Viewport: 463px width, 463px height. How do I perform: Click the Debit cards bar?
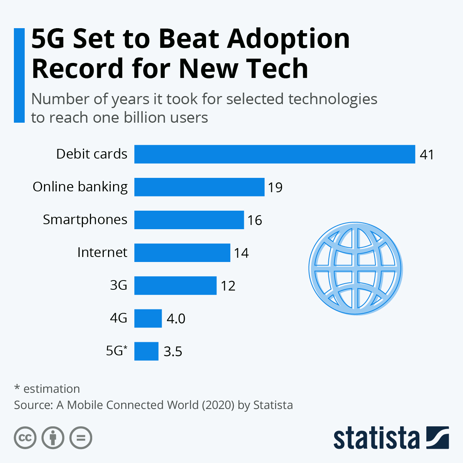(274, 154)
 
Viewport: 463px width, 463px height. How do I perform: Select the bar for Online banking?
(199, 187)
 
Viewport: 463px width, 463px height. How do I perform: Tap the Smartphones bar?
(189, 220)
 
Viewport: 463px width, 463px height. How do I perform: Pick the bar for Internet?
(182, 253)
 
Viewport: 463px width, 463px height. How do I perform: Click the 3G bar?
(175, 286)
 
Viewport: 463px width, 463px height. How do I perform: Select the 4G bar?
(148, 318)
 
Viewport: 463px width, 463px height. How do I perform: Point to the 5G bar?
(146, 351)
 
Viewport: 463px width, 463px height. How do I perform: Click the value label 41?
(427, 155)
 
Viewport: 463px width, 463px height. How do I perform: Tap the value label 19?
(275, 188)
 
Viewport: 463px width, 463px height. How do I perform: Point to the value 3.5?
(172, 351)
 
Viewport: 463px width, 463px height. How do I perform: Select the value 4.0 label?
(176, 319)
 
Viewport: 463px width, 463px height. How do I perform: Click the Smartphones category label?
(85, 220)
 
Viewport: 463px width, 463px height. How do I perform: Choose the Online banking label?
(80, 187)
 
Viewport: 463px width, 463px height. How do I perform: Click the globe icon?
(355, 269)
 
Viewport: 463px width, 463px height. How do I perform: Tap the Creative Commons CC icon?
(25, 438)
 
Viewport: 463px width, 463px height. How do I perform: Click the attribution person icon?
(53, 438)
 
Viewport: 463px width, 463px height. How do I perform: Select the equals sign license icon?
(81, 438)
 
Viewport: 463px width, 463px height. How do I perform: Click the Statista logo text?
(376, 438)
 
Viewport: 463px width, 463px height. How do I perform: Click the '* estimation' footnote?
(47, 389)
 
